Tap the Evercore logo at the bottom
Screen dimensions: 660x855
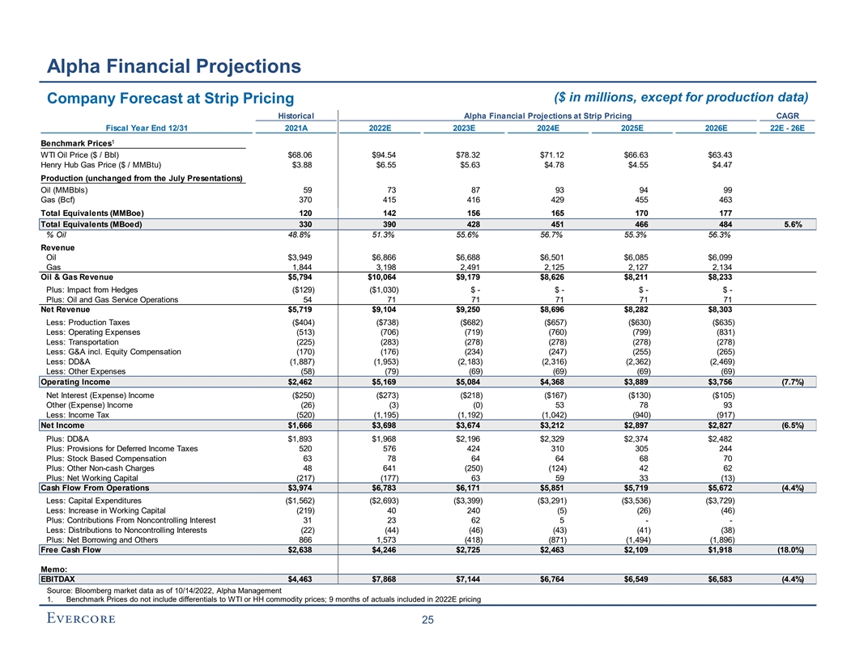79,619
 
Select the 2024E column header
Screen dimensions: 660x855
551,128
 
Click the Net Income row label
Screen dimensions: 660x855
63,424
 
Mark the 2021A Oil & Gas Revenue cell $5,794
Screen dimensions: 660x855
296,276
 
